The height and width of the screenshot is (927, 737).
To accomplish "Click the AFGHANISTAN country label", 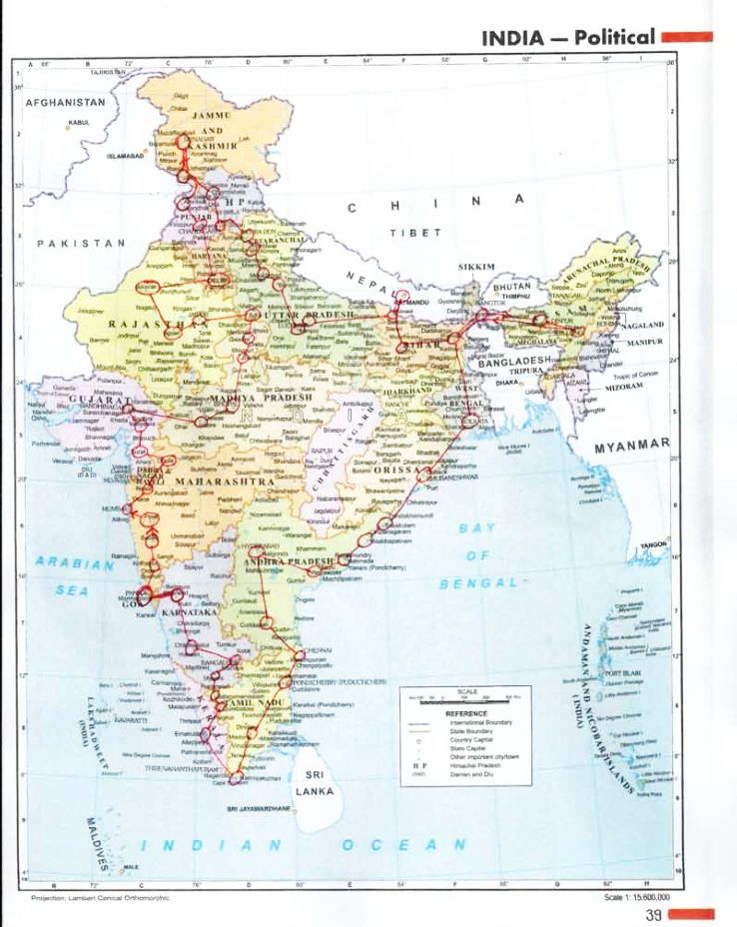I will tap(65, 102).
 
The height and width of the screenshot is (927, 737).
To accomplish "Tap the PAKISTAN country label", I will tap(80, 243).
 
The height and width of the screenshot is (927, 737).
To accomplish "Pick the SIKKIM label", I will tap(476, 268).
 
